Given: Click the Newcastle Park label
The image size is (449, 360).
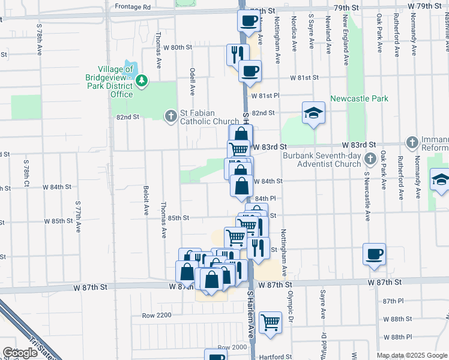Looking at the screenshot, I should click(359, 98).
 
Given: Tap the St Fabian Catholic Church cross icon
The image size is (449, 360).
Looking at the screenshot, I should click(170, 115).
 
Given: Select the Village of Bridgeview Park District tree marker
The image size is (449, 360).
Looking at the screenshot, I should click(141, 80).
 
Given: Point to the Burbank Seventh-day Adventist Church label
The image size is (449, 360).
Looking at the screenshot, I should click(322, 160).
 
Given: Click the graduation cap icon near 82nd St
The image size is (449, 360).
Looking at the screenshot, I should click(313, 112).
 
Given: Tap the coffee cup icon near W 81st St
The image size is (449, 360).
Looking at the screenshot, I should click(250, 71).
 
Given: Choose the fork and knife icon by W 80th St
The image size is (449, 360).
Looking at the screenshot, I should click(238, 54).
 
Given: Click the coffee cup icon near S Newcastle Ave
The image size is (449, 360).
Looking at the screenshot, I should click(375, 254).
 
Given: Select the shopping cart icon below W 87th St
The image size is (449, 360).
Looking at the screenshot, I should click(271, 322).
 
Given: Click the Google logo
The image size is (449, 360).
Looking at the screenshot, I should click(20, 353).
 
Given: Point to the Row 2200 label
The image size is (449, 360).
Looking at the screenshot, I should click(157, 315).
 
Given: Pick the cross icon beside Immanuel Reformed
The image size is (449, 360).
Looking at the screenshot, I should click(412, 142).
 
